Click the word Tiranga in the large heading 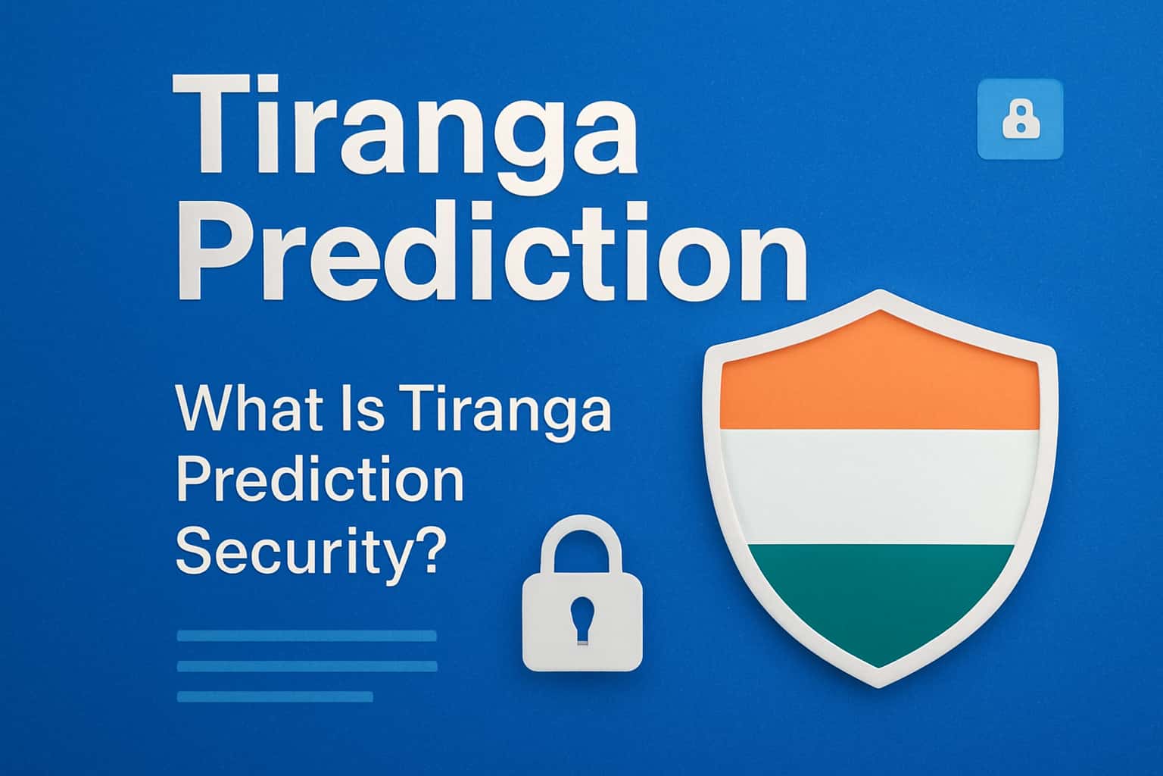tap(404, 129)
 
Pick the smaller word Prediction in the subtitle tap(320, 482)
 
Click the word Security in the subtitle tap(292, 553)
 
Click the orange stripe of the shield tap(878, 379)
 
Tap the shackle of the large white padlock tap(582, 542)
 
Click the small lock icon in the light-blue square tap(1020, 120)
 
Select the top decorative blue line tap(307, 636)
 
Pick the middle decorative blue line tap(307, 666)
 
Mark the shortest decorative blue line tap(275, 696)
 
